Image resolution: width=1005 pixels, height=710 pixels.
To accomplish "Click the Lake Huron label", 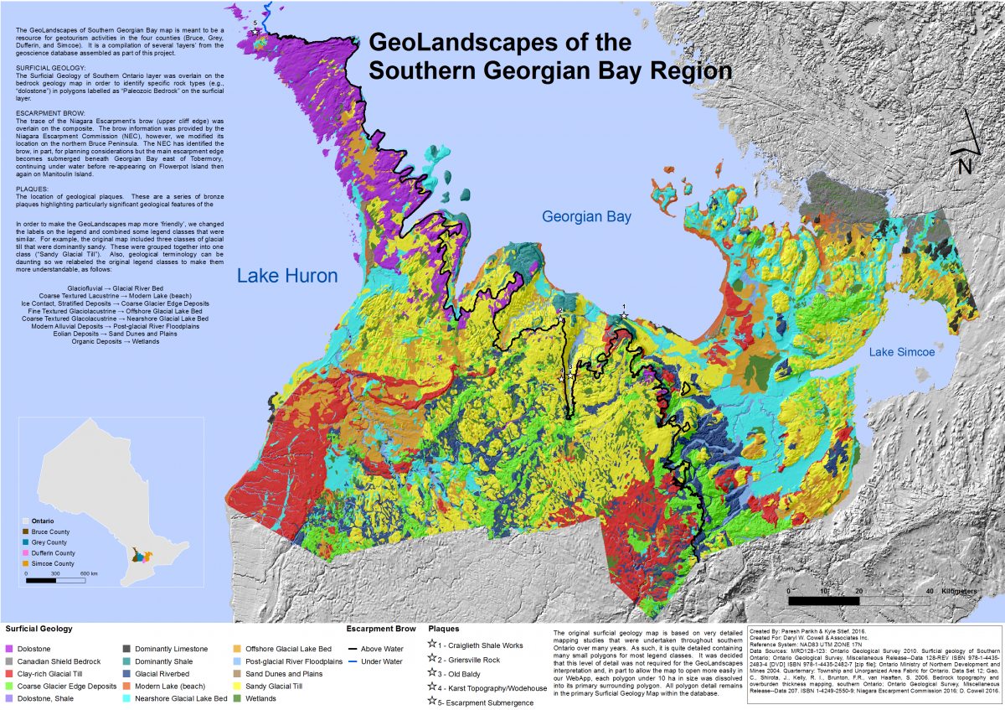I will tap(287, 276).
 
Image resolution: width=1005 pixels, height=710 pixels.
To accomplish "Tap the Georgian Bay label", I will tap(586, 216).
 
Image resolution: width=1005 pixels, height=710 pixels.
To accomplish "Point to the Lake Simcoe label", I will tap(901, 352).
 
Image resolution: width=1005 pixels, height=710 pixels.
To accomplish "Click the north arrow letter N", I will tap(965, 166).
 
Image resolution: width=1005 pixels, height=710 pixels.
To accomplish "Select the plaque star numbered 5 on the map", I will tap(255, 32).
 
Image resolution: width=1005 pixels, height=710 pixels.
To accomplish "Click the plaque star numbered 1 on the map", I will tap(624, 315).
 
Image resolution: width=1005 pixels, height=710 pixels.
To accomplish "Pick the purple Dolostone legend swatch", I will tap(9, 648).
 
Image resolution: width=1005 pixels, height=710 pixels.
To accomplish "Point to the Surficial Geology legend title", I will tap(39, 628).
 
